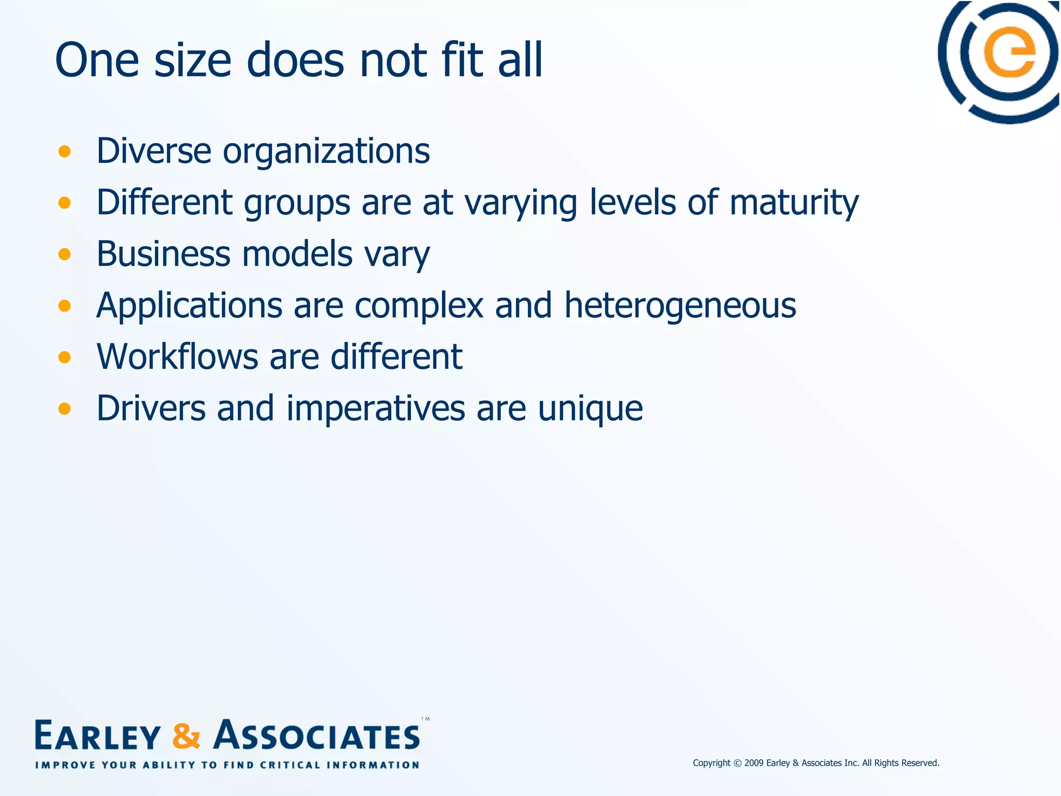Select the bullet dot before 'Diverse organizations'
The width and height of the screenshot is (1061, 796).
pyautogui.click(x=65, y=151)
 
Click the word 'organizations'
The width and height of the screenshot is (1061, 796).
pyautogui.click(x=326, y=151)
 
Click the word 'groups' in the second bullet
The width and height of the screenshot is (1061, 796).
pyautogui.click(x=297, y=203)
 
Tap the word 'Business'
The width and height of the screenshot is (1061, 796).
pyautogui.click(x=163, y=254)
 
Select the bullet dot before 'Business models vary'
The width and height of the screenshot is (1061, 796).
pyautogui.click(x=65, y=254)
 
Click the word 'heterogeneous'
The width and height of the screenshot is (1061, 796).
pyautogui.click(x=680, y=305)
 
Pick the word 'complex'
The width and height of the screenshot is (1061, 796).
pyautogui.click(x=419, y=305)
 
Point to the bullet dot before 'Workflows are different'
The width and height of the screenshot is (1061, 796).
pyautogui.click(x=65, y=357)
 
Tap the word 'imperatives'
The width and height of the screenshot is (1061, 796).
pyautogui.click(x=376, y=408)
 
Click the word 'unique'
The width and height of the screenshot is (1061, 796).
pyautogui.click(x=590, y=408)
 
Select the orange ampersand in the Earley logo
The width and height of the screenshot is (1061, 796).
pyautogui.click(x=186, y=736)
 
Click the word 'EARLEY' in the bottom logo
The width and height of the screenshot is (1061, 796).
pyautogui.click(x=97, y=736)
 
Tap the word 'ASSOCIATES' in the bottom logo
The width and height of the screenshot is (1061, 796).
pyautogui.click(x=317, y=736)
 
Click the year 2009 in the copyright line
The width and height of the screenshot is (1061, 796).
pyautogui.click(x=754, y=763)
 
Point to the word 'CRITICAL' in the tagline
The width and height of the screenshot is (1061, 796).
pyautogui.click(x=290, y=765)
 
